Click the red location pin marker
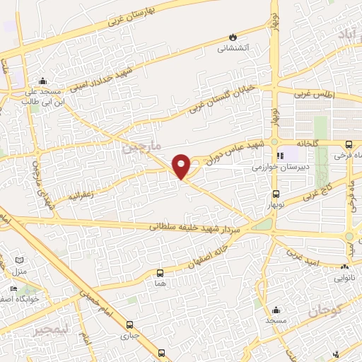182,166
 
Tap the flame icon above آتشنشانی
233,37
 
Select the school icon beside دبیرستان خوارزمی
281,155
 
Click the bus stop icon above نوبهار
276,193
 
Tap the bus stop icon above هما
160,272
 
